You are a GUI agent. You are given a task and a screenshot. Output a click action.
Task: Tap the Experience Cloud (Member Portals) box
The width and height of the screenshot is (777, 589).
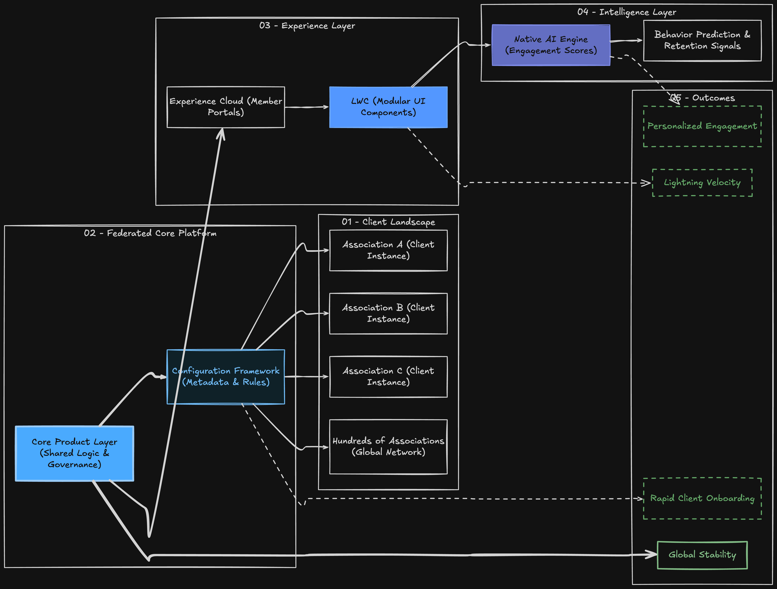pyautogui.click(x=226, y=107)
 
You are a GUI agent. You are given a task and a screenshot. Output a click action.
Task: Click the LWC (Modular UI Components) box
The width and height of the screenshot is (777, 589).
pyautogui.click(x=388, y=107)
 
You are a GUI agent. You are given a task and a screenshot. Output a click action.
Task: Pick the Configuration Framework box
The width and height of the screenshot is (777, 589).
pyautogui.click(x=226, y=377)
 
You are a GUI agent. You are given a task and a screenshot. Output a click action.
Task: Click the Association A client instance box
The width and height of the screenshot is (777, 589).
pyautogui.click(x=388, y=250)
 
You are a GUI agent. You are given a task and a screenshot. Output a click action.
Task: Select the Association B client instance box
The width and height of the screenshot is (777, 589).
pyautogui.click(x=388, y=313)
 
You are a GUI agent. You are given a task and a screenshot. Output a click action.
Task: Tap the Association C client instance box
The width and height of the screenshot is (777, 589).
pyautogui.click(x=388, y=377)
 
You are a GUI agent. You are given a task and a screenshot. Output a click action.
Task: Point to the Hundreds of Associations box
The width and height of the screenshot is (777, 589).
pyautogui.click(x=388, y=447)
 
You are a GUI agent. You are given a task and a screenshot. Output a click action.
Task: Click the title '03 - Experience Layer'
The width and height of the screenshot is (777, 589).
pyautogui.click(x=307, y=26)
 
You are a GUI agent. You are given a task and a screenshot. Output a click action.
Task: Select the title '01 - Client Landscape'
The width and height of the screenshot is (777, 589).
pyautogui.click(x=388, y=222)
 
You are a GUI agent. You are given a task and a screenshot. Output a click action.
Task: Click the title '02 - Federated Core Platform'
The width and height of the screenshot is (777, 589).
pyautogui.click(x=150, y=233)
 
